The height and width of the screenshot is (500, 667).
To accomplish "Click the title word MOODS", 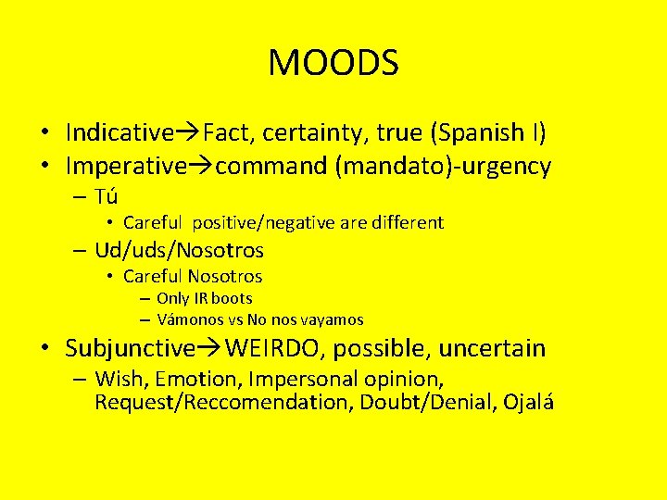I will (333, 63).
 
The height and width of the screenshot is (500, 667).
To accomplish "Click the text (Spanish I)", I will (488, 132).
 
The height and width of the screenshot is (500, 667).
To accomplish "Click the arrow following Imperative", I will (201, 167).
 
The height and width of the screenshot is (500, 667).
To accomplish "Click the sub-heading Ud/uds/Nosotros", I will (179, 250).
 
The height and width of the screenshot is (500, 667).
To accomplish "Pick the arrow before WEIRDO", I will (209, 348).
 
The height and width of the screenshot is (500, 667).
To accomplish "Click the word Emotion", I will (195, 380).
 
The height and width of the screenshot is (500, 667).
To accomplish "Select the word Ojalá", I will (529, 403).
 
